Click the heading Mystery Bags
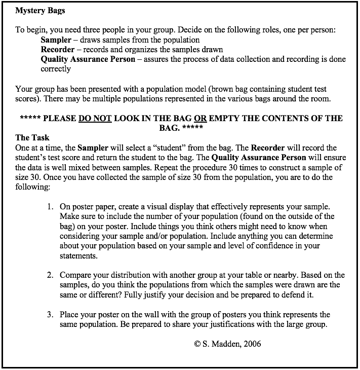point(40,11)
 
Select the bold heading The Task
point(32,137)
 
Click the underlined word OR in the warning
point(200,119)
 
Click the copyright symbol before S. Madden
point(197,344)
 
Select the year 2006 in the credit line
point(252,344)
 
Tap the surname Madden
point(224,344)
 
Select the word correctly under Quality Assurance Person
point(56,68)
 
